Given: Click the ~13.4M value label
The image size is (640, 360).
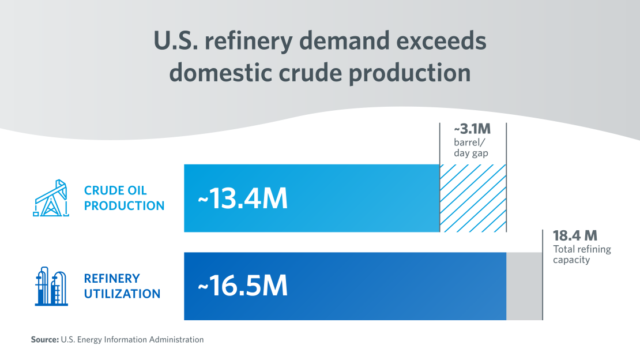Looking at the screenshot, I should coord(242,199).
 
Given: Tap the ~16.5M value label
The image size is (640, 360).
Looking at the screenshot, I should coord(242,287).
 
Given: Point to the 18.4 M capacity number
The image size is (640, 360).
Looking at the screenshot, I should coord(574,236).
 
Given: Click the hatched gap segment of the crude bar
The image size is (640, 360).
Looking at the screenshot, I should coord(473,198).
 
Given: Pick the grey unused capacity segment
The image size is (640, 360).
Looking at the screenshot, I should coord(524,286).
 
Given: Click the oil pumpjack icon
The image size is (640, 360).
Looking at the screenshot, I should coord(50,198).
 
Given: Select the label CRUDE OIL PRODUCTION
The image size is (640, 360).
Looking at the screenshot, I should coord(124,198).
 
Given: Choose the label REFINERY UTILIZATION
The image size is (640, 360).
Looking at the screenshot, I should coord(122,286).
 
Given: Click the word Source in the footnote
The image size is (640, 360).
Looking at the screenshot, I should coord(44,340).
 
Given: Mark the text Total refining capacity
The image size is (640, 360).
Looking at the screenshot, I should coord(581,254).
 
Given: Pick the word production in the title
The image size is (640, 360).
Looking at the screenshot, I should coord(424,73).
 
